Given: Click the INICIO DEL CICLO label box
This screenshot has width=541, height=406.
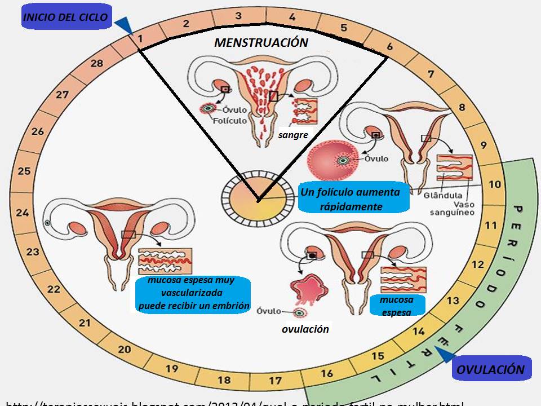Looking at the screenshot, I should [65, 17].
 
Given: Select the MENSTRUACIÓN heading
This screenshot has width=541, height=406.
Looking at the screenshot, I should [261, 42].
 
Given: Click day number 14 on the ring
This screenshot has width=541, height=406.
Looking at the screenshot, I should [418, 332].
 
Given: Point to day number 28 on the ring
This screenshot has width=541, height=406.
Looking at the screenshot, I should [97, 63].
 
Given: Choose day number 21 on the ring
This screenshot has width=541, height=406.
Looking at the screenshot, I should [85, 323].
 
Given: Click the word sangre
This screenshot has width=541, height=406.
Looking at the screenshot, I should [292, 135].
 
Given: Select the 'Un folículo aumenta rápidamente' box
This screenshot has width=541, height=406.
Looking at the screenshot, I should [351, 199].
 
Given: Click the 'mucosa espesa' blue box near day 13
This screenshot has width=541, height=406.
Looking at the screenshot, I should [396, 305].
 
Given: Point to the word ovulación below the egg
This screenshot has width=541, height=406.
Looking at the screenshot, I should [305, 329].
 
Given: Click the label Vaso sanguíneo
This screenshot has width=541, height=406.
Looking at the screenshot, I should [452, 209].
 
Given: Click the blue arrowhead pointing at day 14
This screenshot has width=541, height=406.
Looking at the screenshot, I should [445, 354].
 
